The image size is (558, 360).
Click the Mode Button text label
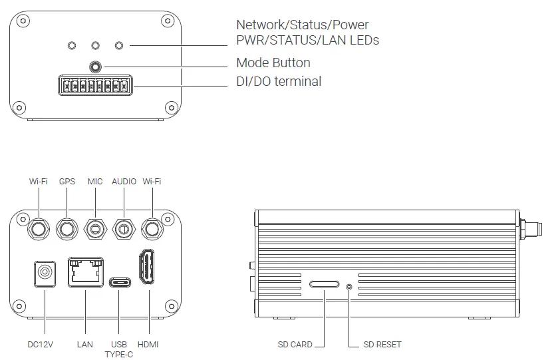(x=273, y=63)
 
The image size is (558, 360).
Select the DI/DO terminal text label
(x=279, y=82)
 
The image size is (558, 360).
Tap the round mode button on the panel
(x=96, y=67)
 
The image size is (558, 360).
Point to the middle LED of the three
(x=96, y=45)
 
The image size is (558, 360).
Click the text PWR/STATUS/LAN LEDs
(x=307, y=41)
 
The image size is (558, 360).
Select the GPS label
(x=67, y=181)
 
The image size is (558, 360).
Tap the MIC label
(x=95, y=181)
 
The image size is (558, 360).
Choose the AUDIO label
(x=124, y=181)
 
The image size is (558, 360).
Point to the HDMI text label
(x=148, y=345)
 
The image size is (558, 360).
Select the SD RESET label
(x=382, y=345)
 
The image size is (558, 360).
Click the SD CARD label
(x=295, y=345)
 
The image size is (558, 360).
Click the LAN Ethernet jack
(x=85, y=272)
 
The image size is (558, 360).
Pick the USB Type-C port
(x=118, y=281)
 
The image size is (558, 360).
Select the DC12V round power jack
(x=45, y=273)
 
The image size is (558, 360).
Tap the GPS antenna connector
(x=67, y=229)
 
